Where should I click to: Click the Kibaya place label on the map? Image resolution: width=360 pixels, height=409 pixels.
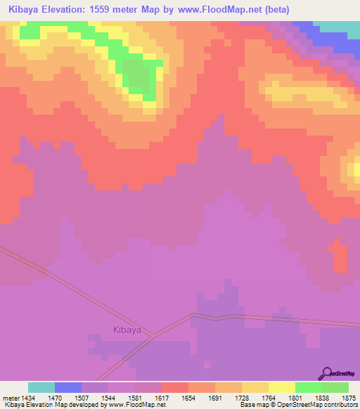[x=127, y=329]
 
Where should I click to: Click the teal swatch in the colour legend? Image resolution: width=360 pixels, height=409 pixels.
[x=41, y=387]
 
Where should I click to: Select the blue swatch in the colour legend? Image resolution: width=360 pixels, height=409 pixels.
[x=68, y=387]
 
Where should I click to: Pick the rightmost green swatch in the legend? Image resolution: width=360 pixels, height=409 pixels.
[x=335, y=387]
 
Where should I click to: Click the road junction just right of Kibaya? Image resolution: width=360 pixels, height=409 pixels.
[x=153, y=337]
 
